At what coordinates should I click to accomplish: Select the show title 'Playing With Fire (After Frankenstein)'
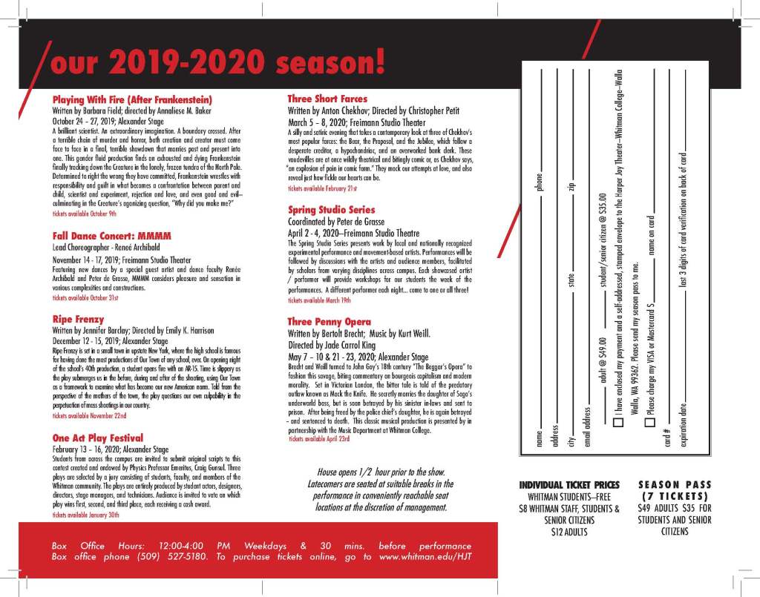(x=132, y=99)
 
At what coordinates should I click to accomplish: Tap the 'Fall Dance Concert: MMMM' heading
(x=111, y=236)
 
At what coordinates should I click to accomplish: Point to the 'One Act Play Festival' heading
(x=97, y=438)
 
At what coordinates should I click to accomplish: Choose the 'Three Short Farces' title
(x=327, y=99)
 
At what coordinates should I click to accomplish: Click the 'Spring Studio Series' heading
(x=331, y=210)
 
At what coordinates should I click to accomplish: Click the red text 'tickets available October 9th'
(x=84, y=214)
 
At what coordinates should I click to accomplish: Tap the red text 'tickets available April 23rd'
(x=318, y=439)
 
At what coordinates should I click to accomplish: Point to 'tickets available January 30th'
(x=85, y=514)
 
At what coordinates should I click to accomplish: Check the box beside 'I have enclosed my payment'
(x=617, y=423)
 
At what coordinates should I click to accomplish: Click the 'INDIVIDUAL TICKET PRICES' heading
(x=569, y=485)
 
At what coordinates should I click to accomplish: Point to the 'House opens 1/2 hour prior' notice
(x=381, y=472)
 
